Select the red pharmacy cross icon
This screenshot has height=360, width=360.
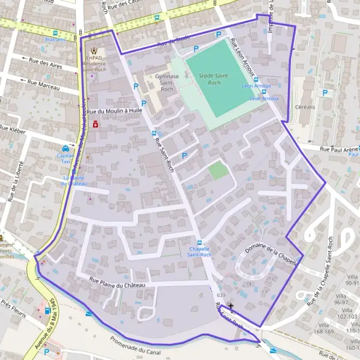click(x=95, y=124)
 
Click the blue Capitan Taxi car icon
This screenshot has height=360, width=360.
click(x=65, y=149)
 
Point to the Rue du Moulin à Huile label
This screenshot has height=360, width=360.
click(x=114, y=112)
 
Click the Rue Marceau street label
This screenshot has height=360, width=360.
click(x=44, y=86)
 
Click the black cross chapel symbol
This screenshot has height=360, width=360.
click(x=231, y=306)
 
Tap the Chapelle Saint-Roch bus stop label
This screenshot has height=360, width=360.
click(x=200, y=252)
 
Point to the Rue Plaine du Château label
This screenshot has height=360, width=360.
click(x=117, y=283)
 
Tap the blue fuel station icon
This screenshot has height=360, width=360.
click(x=46, y=311)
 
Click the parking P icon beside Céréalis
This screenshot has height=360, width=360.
click(x=325, y=92)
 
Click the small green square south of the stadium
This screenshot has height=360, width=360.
click(x=218, y=170)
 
